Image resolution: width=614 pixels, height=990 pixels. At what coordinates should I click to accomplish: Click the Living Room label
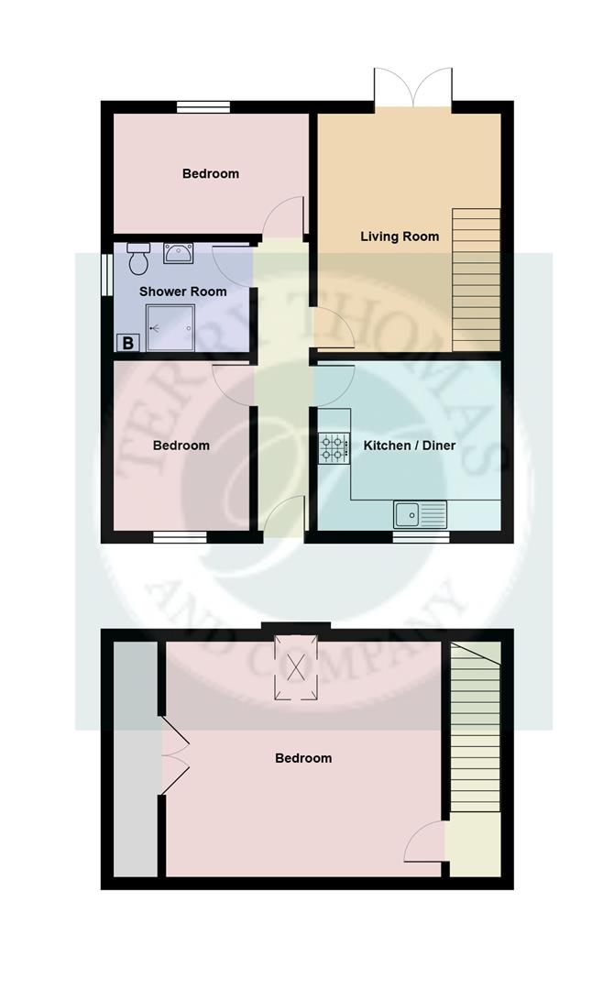[399, 236]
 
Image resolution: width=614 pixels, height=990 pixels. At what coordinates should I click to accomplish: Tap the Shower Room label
[182, 291]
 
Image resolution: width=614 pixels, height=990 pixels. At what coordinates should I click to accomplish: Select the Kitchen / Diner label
[410, 446]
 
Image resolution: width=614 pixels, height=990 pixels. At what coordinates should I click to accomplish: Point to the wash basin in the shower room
[178, 252]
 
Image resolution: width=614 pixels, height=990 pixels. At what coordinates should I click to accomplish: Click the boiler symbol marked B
[128, 344]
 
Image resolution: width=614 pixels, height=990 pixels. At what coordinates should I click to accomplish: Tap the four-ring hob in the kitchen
[332, 447]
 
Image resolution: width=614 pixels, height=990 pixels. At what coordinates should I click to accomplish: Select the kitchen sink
[420, 513]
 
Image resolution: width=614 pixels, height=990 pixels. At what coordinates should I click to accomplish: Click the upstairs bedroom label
[303, 758]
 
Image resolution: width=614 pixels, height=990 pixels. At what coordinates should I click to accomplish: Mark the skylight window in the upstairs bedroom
[296, 667]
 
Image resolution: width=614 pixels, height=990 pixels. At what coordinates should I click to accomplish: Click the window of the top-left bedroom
[203, 107]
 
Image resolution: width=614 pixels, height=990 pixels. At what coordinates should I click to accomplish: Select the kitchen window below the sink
[421, 537]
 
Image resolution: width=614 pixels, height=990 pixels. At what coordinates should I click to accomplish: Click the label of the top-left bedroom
[210, 173]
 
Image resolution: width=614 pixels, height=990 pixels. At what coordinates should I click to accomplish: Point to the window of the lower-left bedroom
[180, 537]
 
